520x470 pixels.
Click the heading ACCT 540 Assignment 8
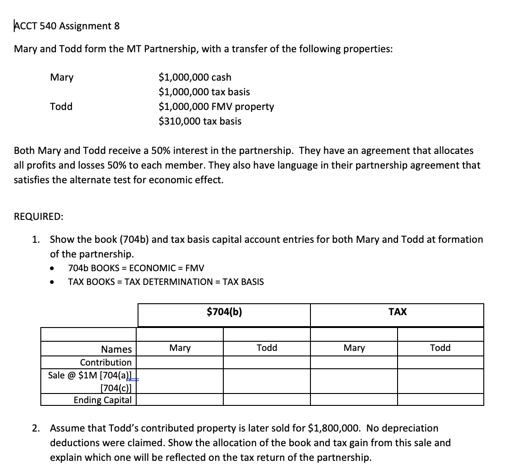point(67,26)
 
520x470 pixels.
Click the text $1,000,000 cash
point(195,77)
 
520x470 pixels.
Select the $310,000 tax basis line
point(199,121)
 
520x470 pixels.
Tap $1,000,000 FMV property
point(216,106)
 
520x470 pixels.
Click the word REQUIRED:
point(39,217)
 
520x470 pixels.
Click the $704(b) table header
point(224,312)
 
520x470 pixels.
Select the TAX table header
point(397,312)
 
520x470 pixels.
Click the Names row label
point(116,349)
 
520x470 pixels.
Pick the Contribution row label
point(106,362)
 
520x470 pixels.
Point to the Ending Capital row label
point(103,399)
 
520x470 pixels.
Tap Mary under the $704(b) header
point(180,348)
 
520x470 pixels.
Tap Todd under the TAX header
point(440,348)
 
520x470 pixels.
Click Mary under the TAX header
point(354,348)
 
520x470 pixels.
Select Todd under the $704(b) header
point(267,348)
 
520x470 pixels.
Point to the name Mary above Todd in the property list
point(61,77)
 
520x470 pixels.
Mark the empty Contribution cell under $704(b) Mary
point(180,362)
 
